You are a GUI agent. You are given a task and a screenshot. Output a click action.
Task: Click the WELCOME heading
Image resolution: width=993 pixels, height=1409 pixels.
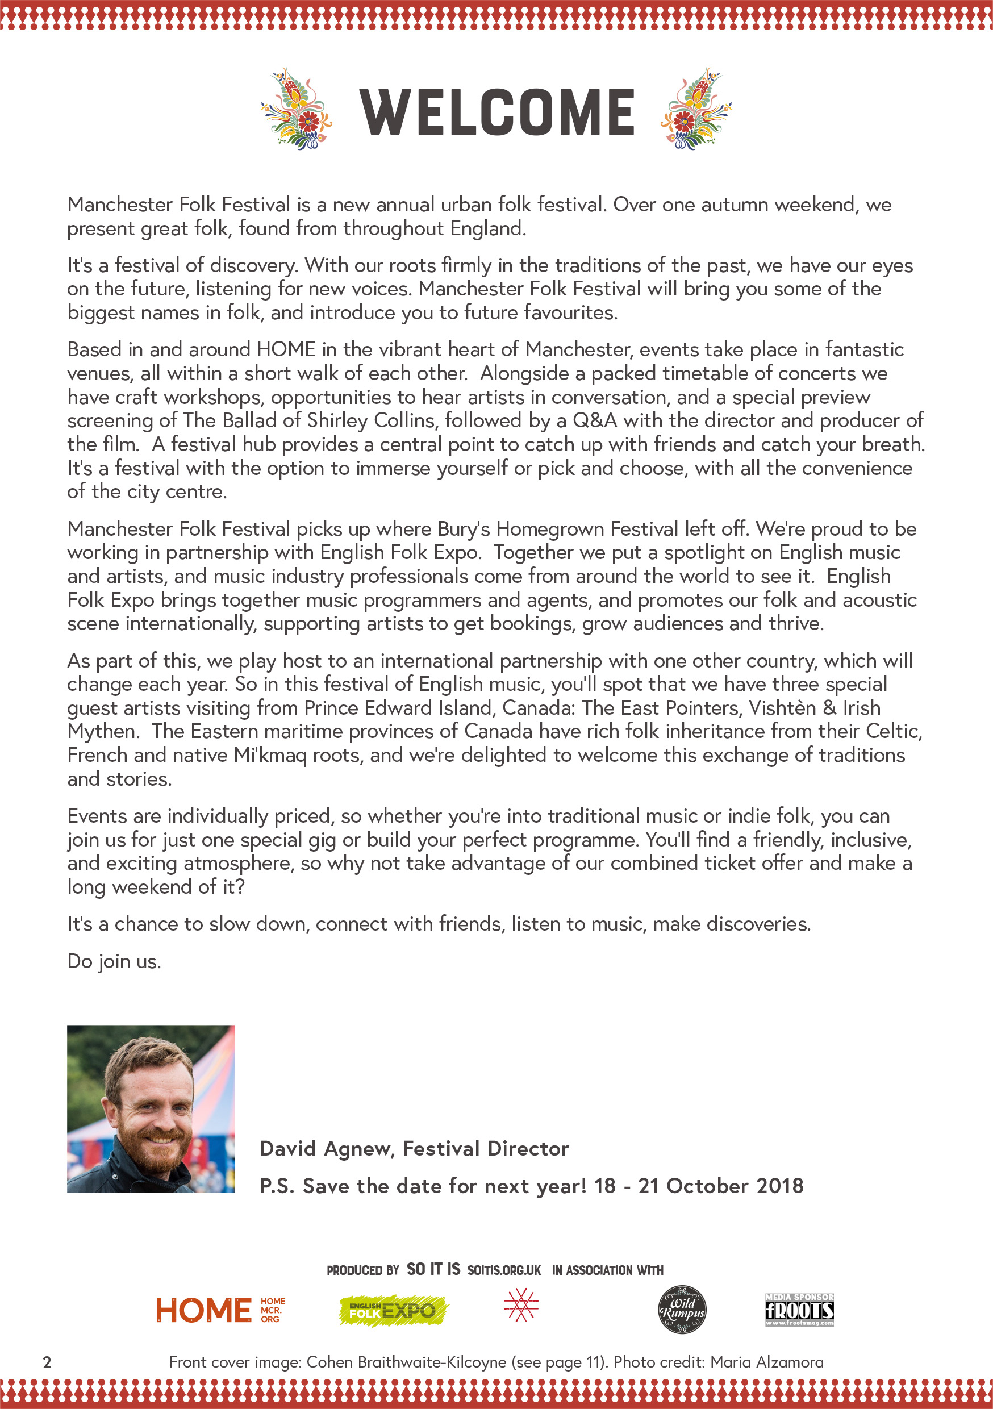(496, 112)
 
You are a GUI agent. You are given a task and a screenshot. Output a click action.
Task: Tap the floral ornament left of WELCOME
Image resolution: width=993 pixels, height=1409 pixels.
(297, 109)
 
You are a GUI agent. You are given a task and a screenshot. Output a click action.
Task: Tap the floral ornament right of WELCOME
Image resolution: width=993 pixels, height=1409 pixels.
(696, 109)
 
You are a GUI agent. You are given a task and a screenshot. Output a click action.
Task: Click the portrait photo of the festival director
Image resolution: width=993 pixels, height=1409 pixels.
(151, 1108)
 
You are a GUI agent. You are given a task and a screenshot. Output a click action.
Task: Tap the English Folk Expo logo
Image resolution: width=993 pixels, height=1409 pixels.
(394, 1311)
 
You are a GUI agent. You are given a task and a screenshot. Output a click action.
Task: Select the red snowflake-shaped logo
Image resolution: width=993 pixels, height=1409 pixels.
(521, 1305)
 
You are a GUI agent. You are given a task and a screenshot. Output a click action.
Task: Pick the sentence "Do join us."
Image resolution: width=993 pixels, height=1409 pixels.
(114, 961)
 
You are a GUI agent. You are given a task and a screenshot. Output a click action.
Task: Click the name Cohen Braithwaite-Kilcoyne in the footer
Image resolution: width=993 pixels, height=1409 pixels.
(406, 1362)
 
